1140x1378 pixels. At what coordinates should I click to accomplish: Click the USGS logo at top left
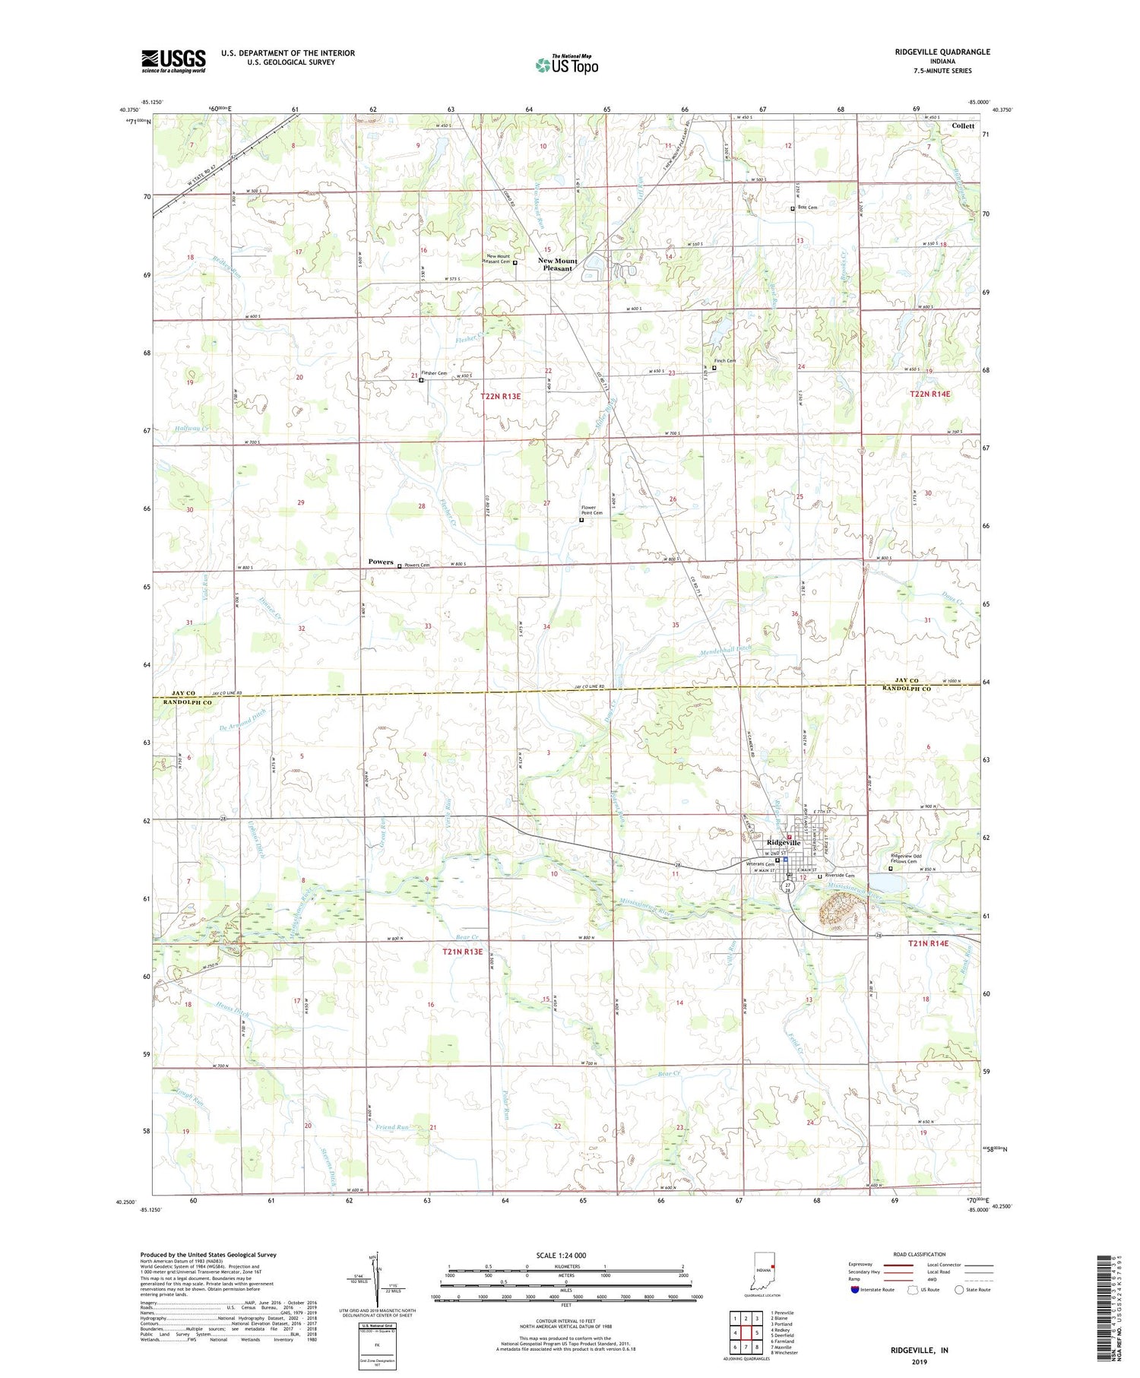[x=173, y=61]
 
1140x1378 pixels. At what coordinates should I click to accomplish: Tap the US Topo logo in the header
[x=566, y=65]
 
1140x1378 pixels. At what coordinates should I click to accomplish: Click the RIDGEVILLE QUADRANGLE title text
[x=943, y=52]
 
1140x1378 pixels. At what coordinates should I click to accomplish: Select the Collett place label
[x=963, y=126]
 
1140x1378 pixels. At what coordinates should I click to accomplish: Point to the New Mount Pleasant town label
[x=558, y=265]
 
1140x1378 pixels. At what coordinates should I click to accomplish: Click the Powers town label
[x=381, y=562]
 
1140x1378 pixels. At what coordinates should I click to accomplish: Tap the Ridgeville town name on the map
[x=784, y=843]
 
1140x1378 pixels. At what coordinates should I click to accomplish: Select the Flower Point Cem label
[x=592, y=510]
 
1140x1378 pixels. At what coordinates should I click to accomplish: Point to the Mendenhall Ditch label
[x=726, y=651]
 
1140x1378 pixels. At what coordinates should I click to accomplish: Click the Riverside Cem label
[x=840, y=876]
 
